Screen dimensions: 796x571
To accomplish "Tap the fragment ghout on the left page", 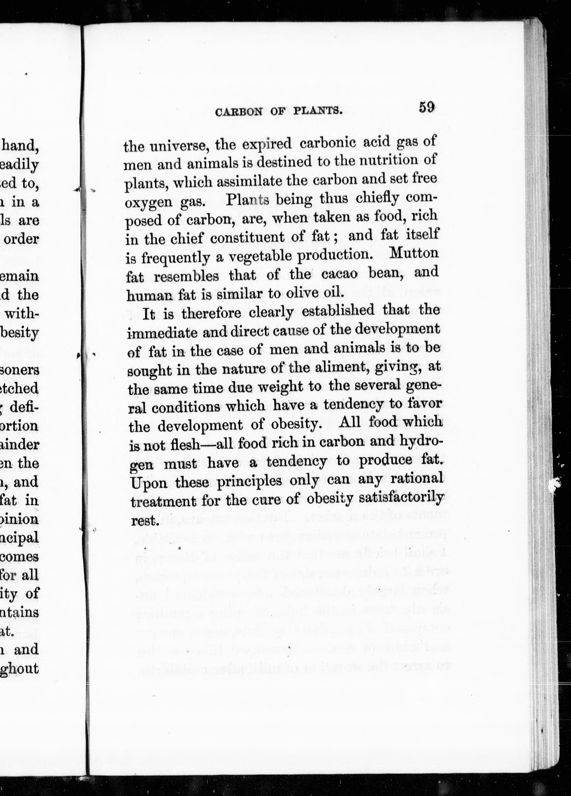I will (x=19, y=668).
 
